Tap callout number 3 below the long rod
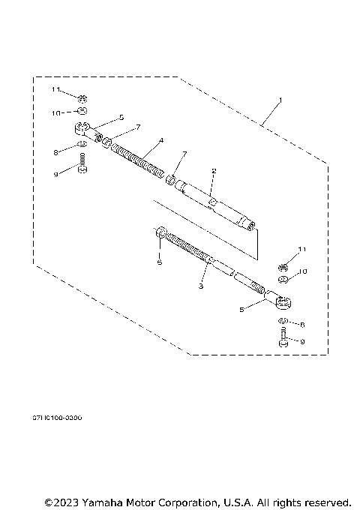[201, 286]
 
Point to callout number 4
[160, 140]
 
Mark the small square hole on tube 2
[212, 202]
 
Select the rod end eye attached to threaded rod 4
[83, 128]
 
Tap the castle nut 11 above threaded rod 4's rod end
[84, 97]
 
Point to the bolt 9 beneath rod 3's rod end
[283, 341]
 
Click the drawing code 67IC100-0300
[57, 417]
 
